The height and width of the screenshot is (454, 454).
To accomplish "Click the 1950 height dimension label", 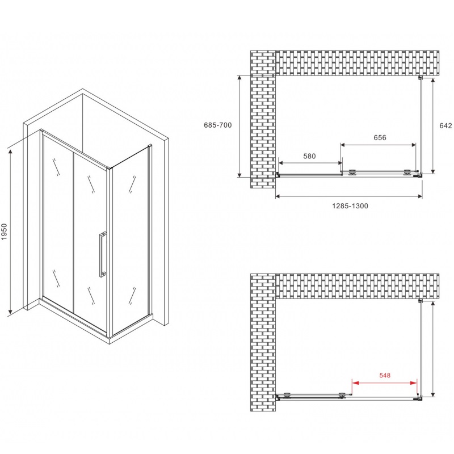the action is [x=4, y=232].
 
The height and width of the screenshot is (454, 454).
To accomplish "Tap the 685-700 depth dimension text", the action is [x=218, y=125].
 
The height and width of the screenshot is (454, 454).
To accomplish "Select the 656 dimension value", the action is [x=380, y=137].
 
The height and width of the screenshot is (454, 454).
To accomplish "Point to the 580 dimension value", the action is [x=309, y=156].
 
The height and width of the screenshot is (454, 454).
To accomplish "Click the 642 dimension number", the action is [x=445, y=125].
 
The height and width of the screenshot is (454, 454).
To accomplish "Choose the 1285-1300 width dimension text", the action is [x=350, y=206].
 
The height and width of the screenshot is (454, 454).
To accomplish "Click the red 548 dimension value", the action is [x=385, y=375].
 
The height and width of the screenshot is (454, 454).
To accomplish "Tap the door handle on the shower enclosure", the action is [x=102, y=254].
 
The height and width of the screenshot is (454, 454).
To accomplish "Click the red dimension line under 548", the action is [x=385, y=382].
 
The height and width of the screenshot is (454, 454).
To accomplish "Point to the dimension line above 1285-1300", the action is [x=348, y=196].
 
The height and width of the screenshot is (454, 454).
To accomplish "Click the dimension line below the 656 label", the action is [x=378, y=145].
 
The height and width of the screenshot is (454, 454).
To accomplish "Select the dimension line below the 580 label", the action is [x=310, y=163].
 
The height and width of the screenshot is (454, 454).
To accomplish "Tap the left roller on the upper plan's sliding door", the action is [x=352, y=173].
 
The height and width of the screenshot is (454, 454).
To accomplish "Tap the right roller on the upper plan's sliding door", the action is [x=407, y=173].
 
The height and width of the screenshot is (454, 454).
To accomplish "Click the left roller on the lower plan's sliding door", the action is [x=287, y=395].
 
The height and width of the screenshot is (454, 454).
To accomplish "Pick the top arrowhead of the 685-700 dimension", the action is [x=239, y=78].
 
